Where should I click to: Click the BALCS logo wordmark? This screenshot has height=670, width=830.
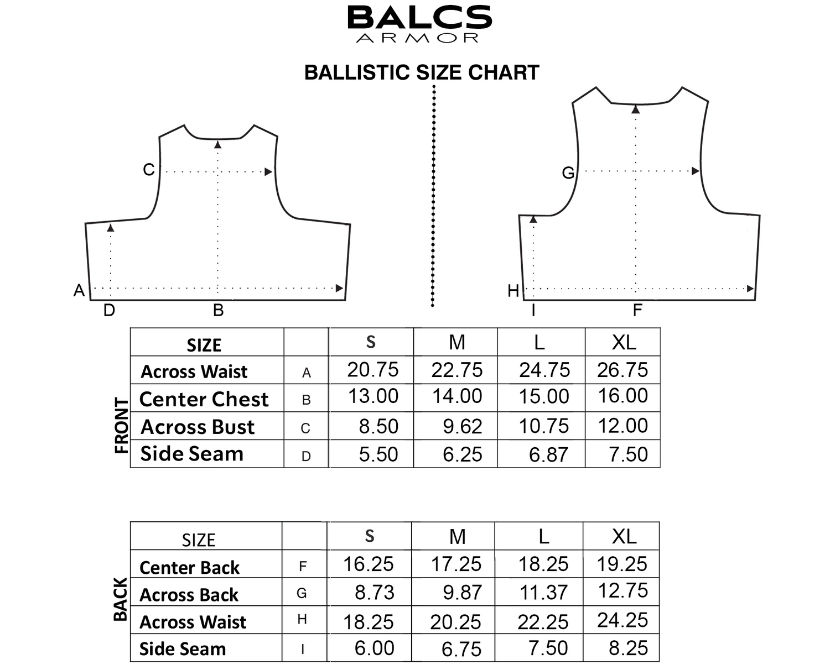[419, 18]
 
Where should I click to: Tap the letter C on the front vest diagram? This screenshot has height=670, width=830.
[149, 169]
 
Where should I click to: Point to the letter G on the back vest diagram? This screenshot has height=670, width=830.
[568, 173]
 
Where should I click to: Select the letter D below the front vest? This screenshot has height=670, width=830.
[109, 311]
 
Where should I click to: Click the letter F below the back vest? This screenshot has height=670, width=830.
[637, 311]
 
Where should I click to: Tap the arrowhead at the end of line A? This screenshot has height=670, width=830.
[340, 288]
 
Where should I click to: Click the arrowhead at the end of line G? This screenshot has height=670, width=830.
[696, 171]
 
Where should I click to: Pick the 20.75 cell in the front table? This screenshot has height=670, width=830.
[372, 370]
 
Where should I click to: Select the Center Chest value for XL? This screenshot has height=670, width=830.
[622, 396]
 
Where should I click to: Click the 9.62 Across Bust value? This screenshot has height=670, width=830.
[462, 426]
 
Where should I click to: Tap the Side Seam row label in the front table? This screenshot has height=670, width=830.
[191, 454]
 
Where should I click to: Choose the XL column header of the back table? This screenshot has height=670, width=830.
[624, 536]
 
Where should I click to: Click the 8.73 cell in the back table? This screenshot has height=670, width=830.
[374, 592]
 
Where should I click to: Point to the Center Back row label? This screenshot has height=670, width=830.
[189, 568]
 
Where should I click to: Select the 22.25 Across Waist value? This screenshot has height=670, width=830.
[543, 622]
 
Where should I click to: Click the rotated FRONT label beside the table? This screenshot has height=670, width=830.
[121, 426]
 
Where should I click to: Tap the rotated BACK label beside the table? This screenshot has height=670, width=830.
[120, 599]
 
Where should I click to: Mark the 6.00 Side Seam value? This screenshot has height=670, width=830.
[374, 648]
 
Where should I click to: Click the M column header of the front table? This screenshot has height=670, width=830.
[457, 343]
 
